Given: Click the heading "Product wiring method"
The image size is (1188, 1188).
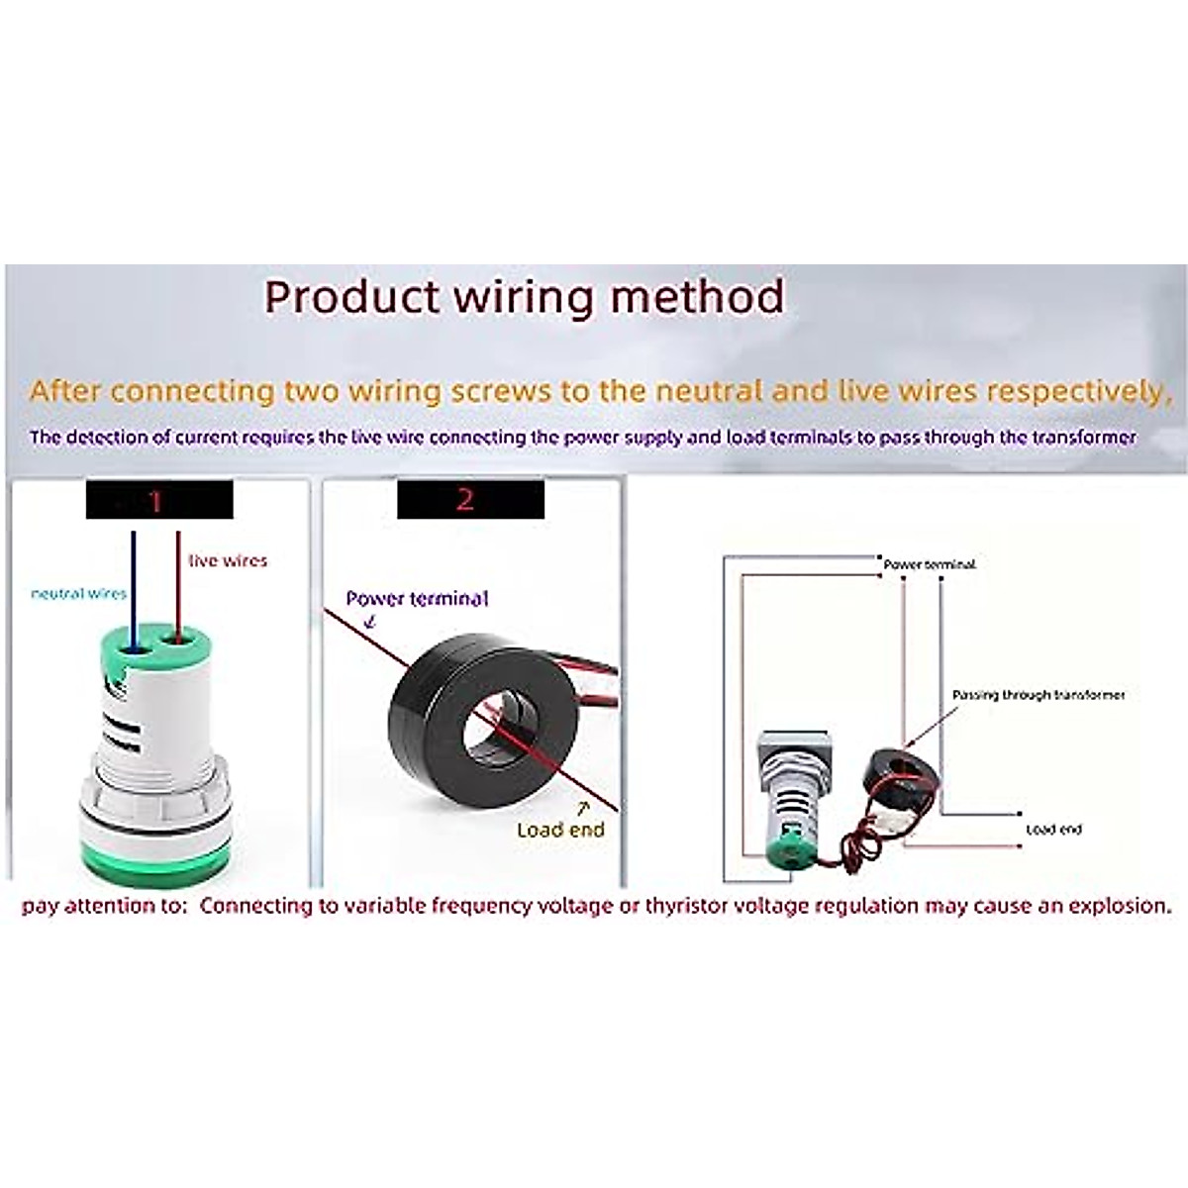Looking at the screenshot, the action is [x=525, y=297].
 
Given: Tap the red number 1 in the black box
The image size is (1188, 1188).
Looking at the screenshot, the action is [x=155, y=501].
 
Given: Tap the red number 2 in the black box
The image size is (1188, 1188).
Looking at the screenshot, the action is [x=465, y=500].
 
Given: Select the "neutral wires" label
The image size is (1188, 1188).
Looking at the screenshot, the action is [x=79, y=593].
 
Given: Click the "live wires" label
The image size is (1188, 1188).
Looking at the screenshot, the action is [x=228, y=560].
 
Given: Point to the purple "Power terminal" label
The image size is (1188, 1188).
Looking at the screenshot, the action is [x=417, y=599].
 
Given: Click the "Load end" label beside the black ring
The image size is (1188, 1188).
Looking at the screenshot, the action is [x=560, y=830].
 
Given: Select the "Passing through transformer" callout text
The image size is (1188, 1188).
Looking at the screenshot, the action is [x=1039, y=695].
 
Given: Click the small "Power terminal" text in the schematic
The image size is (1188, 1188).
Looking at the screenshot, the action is [x=930, y=564].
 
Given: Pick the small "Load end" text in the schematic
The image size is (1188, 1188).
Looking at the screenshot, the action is [x=1053, y=830].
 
